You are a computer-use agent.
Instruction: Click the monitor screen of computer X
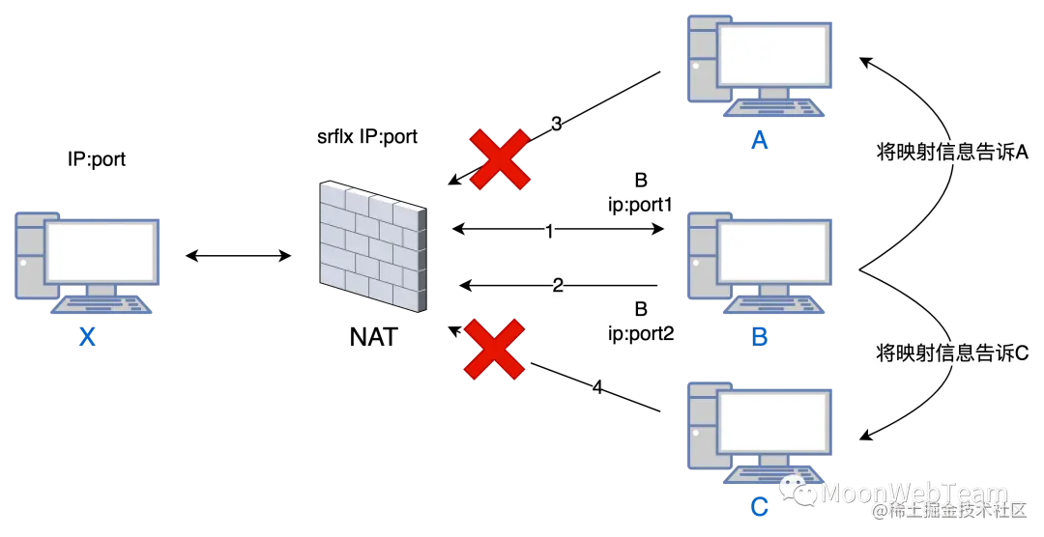101,251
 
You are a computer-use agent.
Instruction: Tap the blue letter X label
88,337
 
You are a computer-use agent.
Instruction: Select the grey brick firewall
371,245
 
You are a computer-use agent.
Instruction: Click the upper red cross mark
499,158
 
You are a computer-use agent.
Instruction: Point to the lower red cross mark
494,349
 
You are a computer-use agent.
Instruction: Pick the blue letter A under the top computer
761,143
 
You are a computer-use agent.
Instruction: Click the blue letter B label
761,336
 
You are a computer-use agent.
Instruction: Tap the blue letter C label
761,506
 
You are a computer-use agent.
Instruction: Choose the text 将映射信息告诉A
952,153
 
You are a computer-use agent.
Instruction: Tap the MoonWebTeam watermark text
913,493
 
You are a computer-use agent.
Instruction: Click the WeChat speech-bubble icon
798,492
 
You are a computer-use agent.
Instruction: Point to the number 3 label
556,124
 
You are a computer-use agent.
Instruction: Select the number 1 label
549,232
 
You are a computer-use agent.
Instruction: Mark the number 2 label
556,285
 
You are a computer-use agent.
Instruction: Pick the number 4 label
594,387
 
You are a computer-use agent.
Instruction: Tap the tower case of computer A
698,58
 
